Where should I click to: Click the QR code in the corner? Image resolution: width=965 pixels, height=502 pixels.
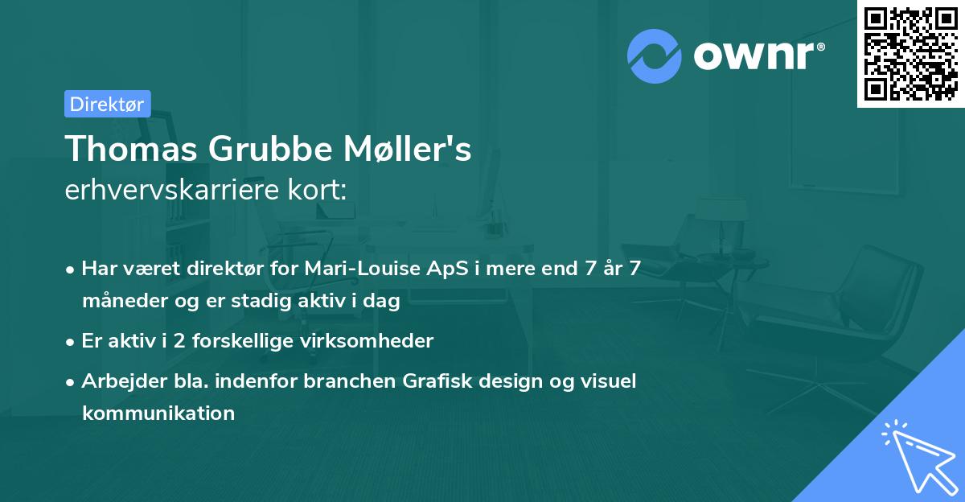point(910,53)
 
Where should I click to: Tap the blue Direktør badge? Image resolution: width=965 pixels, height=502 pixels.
point(107,104)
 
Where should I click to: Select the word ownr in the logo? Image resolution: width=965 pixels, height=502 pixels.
point(756,56)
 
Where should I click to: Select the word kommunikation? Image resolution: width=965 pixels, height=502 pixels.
point(158,414)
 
